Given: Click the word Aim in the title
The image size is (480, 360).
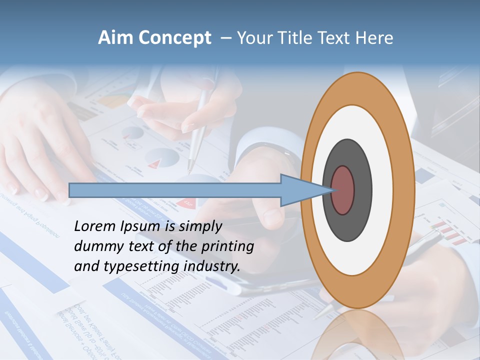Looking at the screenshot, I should [116, 38].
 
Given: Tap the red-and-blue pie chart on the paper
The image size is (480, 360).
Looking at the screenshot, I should [162, 158].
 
